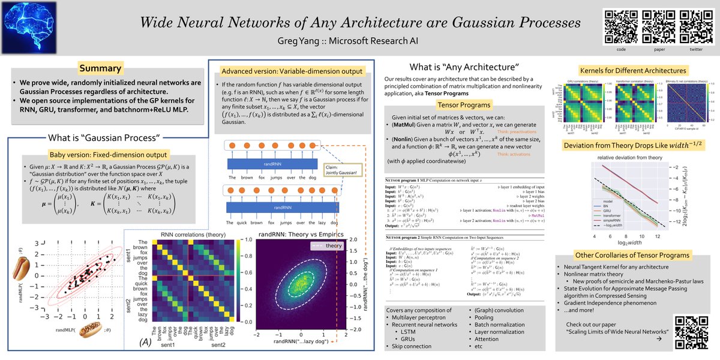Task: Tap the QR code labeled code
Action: click(x=620, y=25)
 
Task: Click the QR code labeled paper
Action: click(x=656, y=25)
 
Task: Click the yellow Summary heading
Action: click(x=100, y=68)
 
